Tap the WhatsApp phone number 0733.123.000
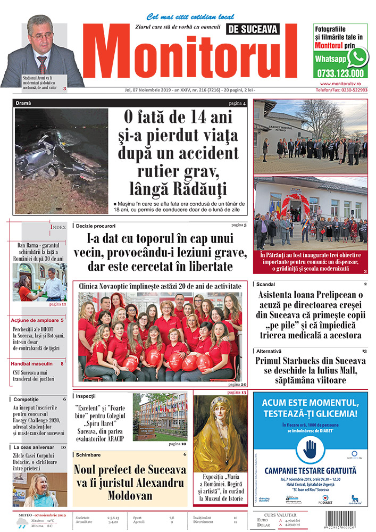click(340, 74)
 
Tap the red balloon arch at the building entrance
click(295, 202)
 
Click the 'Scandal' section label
click(266, 285)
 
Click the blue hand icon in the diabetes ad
click(310, 450)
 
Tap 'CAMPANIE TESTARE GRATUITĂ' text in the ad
click(310, 470)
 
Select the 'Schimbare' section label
click(88, 455)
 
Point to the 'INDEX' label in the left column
click(59, 227)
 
